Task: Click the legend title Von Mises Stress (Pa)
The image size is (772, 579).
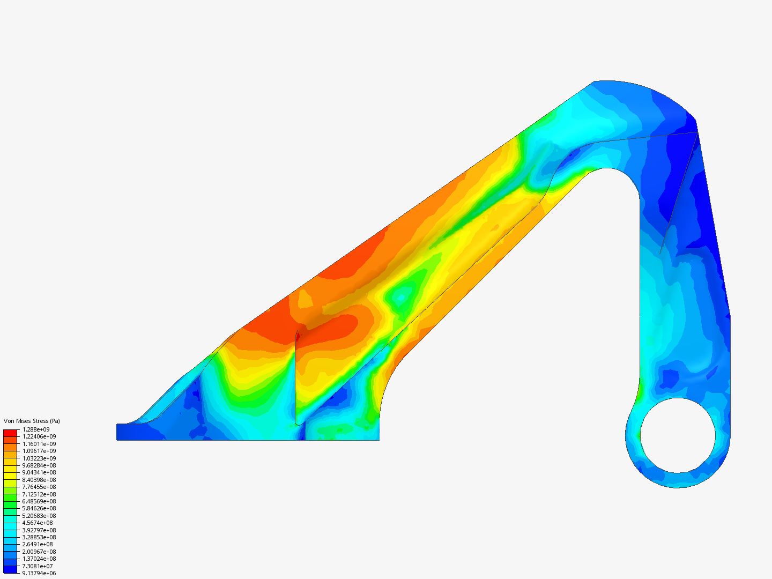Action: click(32, 421)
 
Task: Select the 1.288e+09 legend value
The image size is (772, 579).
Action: click(36, 429)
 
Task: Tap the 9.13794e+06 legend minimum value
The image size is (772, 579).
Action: click(39, 573)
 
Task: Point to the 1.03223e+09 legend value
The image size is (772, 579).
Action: click(39, 458)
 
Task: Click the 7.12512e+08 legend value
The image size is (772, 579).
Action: click(39, 494)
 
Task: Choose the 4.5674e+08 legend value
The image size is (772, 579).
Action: click(38, 523)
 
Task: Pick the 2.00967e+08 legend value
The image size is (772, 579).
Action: click(39, 552)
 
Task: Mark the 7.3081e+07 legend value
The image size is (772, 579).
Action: click(38, 566)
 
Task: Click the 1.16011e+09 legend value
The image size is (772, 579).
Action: click(39, 444)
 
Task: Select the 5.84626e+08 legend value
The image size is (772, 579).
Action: click(39, 508)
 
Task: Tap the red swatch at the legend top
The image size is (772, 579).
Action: click(10, 433)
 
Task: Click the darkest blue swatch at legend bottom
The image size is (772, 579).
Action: click(10, 569)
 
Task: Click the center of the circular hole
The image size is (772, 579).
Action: click(678, 435)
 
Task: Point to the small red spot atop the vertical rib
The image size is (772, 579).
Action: click(298, 337)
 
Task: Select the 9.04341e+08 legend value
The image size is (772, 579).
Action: click(39, 472)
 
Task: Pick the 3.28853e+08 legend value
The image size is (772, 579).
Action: click(39, 537)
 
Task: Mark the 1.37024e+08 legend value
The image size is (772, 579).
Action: click(39, 559)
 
